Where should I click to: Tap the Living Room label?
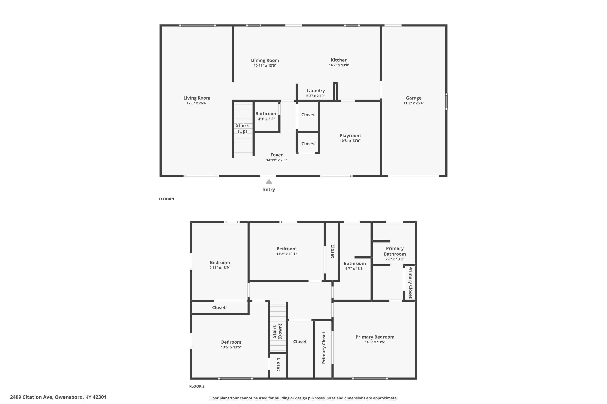point(197,98)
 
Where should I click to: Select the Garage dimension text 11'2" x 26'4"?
point(414,103)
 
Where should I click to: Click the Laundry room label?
point(316,91)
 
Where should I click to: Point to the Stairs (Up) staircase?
point(243,128)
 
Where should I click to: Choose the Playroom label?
point(350,136)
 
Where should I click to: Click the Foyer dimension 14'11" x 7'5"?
point(277,160)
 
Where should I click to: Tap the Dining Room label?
point(265,60)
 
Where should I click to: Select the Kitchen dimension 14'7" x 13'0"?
point(339,65)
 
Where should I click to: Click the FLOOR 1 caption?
point(167,199)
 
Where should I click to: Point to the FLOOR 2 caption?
point(197,386)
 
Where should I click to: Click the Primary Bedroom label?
point(375,337)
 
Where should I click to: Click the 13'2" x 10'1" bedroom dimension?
point(287,254)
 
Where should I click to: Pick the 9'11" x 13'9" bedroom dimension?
point(220,268)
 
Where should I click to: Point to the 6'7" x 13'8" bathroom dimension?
point(355,269)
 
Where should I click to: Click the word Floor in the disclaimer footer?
point(214,398)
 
